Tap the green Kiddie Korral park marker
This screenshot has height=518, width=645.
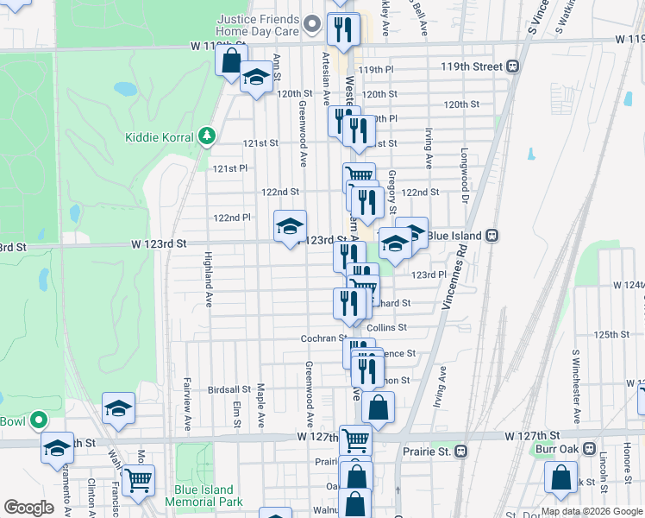(x=205, y=136)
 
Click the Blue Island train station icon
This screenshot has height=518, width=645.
(x=492, y=235)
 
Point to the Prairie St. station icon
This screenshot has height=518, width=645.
(x=460, y=451)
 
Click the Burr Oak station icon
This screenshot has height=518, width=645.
(x=589, y=449)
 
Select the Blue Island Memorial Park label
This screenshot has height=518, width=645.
(x=204, y=496)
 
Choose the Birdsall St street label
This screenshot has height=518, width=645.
(x=229, y=389)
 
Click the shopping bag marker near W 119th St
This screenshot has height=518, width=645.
(x=231, y=61)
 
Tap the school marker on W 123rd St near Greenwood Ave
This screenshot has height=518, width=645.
(x=291, y=226)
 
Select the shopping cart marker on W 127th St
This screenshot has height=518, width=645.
(x=355, y=439)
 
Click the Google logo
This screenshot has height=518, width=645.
(x=28, y=508)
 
